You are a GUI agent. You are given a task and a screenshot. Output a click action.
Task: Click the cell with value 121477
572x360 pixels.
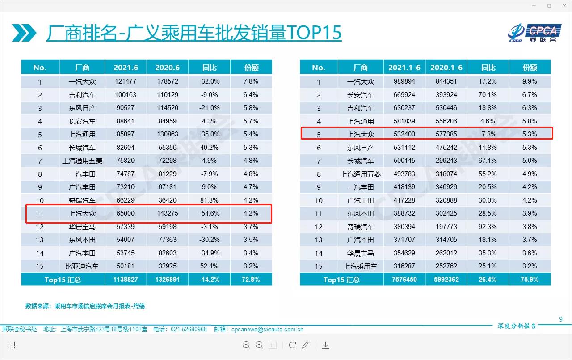pyautogui.click(x=126, y=81)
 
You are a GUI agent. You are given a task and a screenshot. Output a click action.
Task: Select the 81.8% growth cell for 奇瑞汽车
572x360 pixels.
pyautogui.click(x=209, y=200)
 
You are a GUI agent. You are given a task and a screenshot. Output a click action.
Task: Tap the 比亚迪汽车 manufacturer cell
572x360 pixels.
pyautogui.click(x=82, y=266)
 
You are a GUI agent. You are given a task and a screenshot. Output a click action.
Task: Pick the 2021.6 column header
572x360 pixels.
pyautogui.click(x=126, y=68)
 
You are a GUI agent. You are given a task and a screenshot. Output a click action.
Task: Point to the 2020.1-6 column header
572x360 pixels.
pyautogui.click(x=446, y=68)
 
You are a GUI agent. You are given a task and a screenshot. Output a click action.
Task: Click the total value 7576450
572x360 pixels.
pyautogui.click(x=404, y=280)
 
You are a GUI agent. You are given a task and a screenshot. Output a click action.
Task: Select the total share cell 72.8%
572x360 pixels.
pyautogui.click(x=251, y=280)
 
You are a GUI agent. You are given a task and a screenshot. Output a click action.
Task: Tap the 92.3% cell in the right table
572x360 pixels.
pyautogui.click(x=488, y=227)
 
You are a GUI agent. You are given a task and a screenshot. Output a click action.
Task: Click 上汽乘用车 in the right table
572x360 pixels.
pyautogui.click(x=360, y=266)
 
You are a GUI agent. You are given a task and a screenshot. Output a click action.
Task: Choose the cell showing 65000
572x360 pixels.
pyautogui.click(x=126, y=213)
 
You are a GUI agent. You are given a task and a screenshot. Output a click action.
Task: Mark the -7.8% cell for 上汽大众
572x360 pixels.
pyautogui.click(x=488, y=134)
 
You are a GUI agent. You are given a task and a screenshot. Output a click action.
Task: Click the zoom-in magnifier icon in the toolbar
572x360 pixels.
pyautogui.click(x=246, y=345)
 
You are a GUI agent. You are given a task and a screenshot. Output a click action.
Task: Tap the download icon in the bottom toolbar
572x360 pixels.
pyautogui.click(x=326, y=345)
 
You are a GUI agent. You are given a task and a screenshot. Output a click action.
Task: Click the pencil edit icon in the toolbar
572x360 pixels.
pyautogui.click(x=306, y=345)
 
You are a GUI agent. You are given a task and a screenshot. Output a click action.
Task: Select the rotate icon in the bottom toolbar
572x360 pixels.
pyautogui.click(x=292, y=345)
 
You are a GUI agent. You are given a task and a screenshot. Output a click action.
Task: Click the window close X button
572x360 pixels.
pyautogui.click(x=564, y=6)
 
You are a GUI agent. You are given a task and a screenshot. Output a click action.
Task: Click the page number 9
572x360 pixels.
pyautogui.click(x=561, y=319)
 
